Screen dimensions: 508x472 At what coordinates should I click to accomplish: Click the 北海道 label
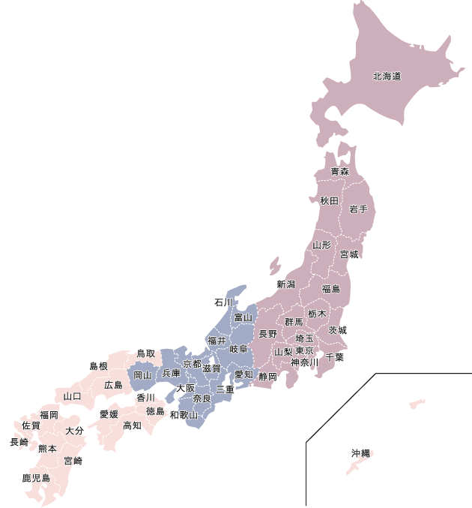click(x=387, y=76)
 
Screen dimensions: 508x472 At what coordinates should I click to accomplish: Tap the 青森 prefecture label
click(x=340, y=172)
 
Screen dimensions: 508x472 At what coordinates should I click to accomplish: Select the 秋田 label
click(x=330, y=200)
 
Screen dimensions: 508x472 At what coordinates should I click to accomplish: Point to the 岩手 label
click(x=358, y=210)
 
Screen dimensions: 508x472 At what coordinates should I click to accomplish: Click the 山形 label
click(x=321, y=245)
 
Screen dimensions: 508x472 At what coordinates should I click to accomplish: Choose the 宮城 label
click(x=349, y=254)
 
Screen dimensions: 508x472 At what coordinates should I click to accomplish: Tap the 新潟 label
click(x=286, y=284)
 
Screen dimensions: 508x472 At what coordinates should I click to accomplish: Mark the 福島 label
click(x=330, y=289)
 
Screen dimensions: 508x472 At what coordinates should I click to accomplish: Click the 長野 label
click(x=267, y=334)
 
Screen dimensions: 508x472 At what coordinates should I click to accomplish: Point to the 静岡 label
click(x=268, y=377)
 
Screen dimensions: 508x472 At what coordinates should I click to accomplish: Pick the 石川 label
click(x=223, y=303)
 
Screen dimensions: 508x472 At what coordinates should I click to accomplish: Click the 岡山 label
click(x=142, y=374)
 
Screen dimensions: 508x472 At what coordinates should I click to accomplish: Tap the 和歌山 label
click(x=184, y=414)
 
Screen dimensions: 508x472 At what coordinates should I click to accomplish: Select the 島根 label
click(x=99, y=366)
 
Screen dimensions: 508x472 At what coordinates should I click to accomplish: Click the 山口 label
click(x=73, y=396)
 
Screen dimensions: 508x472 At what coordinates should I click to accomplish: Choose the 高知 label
click(x=132, y=426)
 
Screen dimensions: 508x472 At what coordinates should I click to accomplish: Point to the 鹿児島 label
click(x=36, y=478)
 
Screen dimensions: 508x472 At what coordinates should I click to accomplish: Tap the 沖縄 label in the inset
click(x=361, y=453)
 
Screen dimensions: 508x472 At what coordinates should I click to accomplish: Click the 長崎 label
click(x=19, y=443)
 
